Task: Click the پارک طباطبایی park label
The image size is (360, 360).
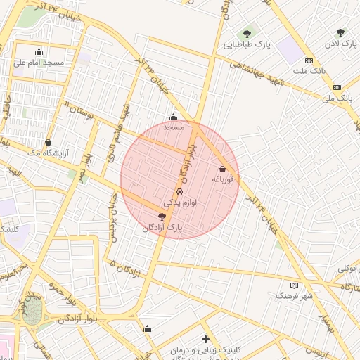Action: [x=247, y=45]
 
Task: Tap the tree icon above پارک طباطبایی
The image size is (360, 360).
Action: [x=247, y=32]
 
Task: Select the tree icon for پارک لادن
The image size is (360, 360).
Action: [x=341, y=32]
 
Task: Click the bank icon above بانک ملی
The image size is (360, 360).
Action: [x=337, y=87]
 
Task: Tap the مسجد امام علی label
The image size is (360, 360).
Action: [x=39, y=63]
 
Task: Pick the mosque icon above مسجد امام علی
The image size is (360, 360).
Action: [x=39, y=51]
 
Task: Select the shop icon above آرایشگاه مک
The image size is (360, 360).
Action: [x=48, y=141]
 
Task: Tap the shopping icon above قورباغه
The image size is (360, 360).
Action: [x=223, y=169]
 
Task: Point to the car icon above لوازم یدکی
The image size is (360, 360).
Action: [x=179, y=192]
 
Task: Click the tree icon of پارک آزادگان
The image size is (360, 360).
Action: [x=162, y=217]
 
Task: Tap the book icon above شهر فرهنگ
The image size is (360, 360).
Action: [x=294, y=285]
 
